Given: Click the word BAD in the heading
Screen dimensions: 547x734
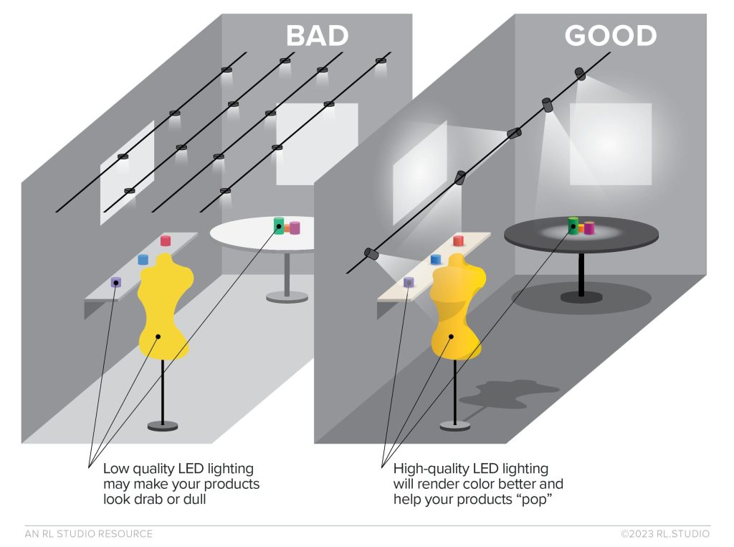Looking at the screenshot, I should coord(317,36).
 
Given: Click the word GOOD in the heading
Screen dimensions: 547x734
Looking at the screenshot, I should coord(610,36).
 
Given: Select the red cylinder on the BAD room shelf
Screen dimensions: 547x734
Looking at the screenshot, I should coord(166,240).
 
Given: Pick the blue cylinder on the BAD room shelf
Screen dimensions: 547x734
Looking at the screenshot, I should coord(143,259).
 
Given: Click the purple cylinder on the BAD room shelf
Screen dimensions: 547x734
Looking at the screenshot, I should coord(116,282).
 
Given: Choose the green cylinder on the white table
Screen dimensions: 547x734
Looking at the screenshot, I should coord(279,225).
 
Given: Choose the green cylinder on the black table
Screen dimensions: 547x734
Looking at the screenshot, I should coord(573,225).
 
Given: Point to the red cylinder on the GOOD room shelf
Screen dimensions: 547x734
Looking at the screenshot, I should coord(458,240).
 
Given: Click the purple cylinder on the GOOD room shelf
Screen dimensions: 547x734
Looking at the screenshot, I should coord(409,282).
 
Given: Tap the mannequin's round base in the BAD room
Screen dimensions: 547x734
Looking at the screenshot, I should coord(163,426).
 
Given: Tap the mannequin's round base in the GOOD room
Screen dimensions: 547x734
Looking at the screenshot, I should coord(454,426).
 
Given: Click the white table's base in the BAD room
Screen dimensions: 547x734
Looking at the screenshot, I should coord(287,296).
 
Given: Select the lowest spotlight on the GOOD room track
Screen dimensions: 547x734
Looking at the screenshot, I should coord(371,253).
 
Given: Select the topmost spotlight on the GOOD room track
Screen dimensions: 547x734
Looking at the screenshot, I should coord(579,73).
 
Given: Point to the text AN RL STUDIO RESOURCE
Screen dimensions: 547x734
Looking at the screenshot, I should coord(88,533).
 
